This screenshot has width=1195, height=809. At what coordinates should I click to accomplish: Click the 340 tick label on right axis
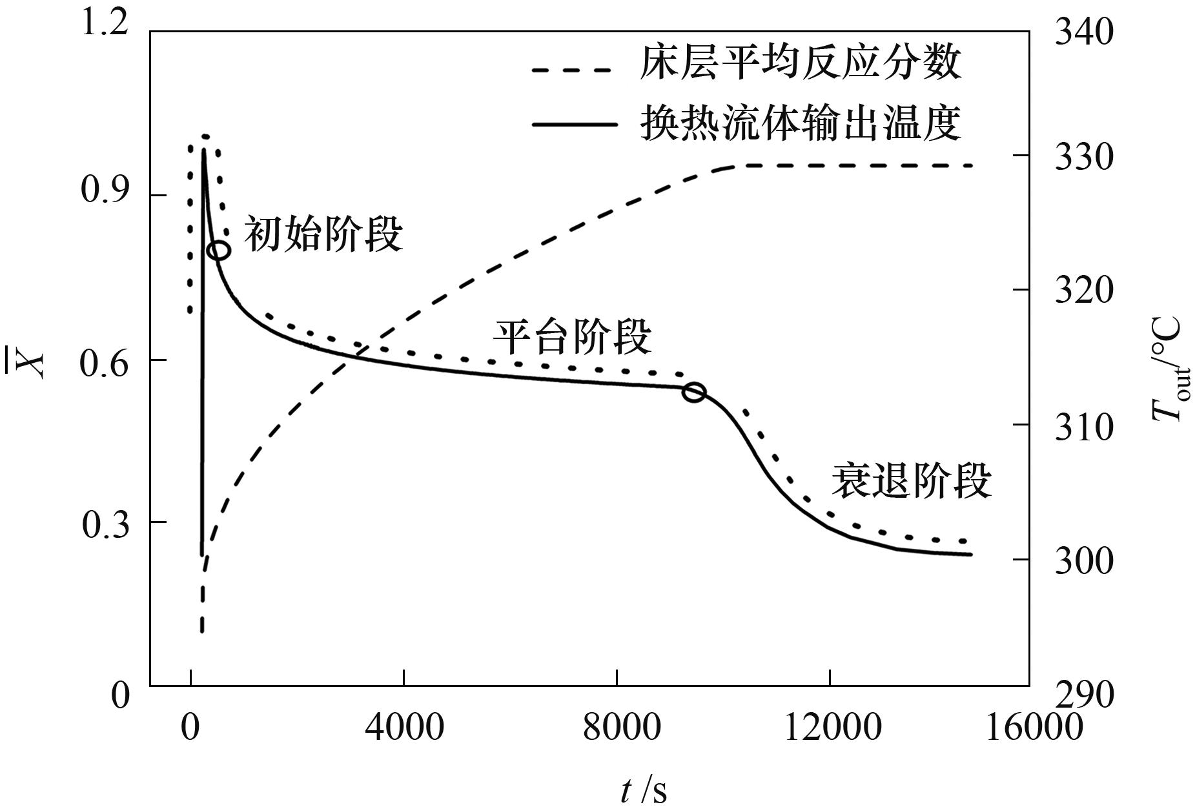1084,32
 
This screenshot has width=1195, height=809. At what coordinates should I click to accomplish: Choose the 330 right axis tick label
1084,157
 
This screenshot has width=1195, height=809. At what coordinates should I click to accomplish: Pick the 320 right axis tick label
1084,290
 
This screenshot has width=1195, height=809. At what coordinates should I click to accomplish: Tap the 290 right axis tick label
1084,695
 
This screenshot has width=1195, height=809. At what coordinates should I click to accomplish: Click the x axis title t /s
643,790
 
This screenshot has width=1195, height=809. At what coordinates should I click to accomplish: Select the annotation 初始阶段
323,234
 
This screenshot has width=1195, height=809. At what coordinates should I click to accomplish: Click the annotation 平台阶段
572,336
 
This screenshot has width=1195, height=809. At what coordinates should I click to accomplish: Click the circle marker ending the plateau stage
694,391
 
